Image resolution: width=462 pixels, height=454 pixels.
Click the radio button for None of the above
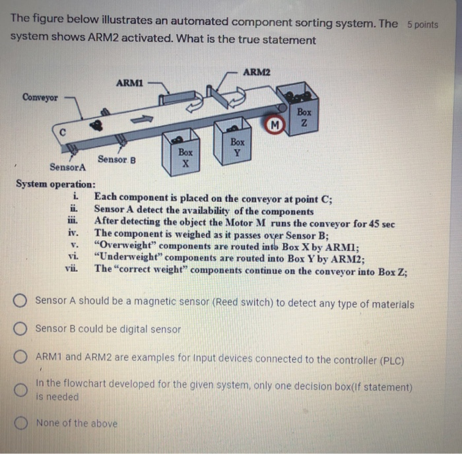pyautogui.click(x=22, y=422)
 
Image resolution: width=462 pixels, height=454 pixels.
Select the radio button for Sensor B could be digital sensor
pyautogui.click(x=22, y=328)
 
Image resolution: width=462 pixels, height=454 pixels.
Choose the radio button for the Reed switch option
pyautogui.click(x=22, y=302)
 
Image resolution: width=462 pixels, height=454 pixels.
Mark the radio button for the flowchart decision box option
pyautogui.click(x=22, y=390)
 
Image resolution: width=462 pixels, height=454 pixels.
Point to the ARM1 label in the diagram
pyautogui.click(x=129, y=82)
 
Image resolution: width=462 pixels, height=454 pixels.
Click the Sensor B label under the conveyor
pyautogui.click(x=116, y=158)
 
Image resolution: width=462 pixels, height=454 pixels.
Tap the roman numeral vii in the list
pyautogui.click(x=71, y=269)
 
